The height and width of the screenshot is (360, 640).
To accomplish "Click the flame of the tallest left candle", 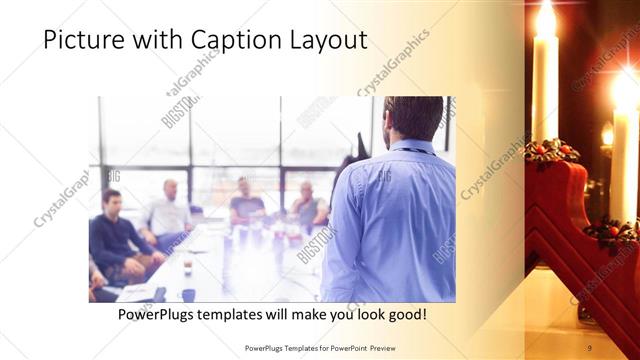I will pyautogui.click(x=546, y=19).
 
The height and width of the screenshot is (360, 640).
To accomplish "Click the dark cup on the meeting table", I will pyautogui.click(x=188, y=294).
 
